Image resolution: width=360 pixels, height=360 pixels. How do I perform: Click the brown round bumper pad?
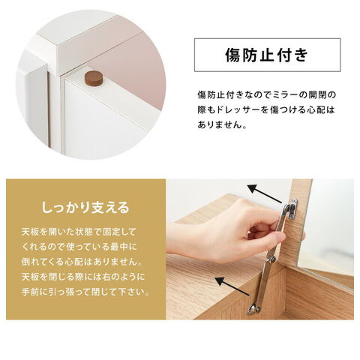coord(94,78)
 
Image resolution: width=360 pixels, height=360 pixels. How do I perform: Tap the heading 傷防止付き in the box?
coord(267,55)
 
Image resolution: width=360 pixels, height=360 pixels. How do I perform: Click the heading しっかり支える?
coord(85,208)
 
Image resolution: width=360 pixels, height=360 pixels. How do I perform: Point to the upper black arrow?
coord(265,193)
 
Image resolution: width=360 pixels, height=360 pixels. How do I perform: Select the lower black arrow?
coord(232,286)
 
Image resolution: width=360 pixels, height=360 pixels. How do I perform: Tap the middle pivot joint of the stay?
coord(271,259)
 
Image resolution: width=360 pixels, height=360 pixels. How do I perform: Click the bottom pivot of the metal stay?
coord(253,309)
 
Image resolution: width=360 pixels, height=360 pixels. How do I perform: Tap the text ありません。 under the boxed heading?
coord(222,124)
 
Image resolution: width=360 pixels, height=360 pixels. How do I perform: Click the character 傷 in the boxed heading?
coord(233,55)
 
